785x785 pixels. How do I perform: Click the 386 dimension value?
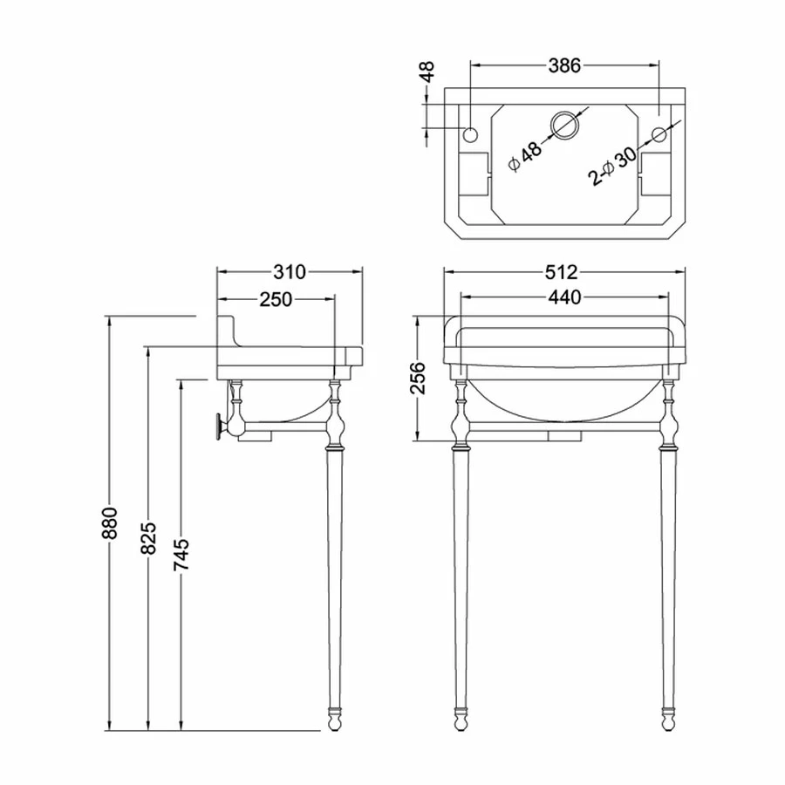pos(564,65)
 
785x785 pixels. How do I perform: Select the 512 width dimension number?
pos(562,272)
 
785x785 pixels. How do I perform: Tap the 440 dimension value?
pos(564,297)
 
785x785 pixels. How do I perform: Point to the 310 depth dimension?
pos(290,272)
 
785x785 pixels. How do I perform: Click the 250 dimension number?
pos(276,299)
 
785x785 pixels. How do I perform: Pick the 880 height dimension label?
pos(109,523)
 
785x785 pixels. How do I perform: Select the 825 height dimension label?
pos(148,538)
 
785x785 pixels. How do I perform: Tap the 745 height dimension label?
pos(181,555)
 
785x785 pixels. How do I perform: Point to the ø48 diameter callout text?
pos(525,157)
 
